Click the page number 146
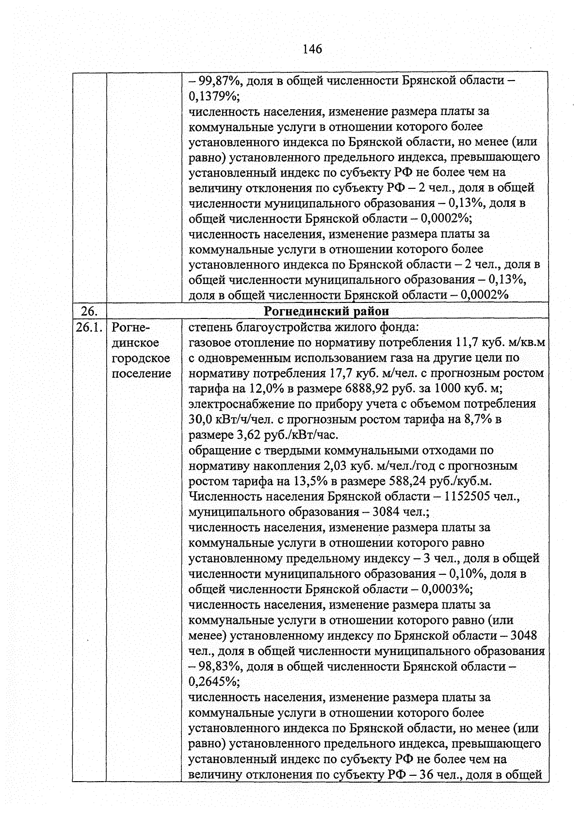(312, 49)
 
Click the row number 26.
(89, 311)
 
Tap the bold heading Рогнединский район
(326, 311)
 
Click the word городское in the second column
(141, 358)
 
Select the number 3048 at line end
(524, 635)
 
